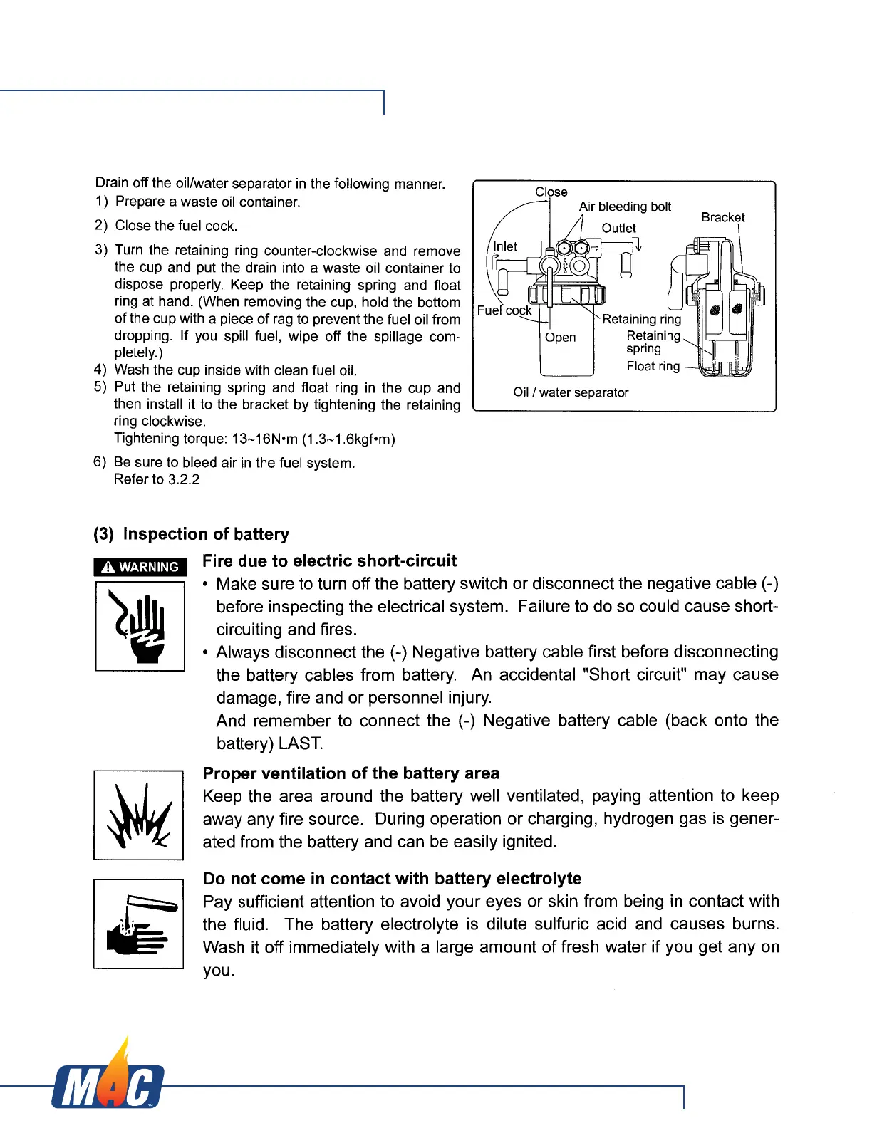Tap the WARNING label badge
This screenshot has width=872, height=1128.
[x=140, y=567]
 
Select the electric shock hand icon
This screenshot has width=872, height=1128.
[x=140, y=626]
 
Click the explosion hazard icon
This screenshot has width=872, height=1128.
[x=139, y=815]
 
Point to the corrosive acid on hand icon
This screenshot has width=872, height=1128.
[x=139, y=924]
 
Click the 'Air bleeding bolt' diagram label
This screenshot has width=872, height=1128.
[x=625, y=207]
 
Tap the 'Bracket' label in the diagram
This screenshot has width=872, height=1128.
[x=722, y=217]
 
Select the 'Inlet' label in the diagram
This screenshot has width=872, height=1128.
[x=505, y=246]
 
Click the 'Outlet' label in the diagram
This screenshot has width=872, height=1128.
[x=618, y=228]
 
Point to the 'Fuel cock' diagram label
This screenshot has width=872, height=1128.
[x=504, y=310]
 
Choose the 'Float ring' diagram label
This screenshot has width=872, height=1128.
[x=653, y=366]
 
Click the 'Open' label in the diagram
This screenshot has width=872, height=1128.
[x=560, y=338]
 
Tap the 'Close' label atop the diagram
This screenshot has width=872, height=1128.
[x=551, y=192]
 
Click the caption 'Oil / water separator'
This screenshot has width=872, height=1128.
[x=571, y=392]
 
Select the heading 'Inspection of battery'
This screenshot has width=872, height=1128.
[x=206, y=534]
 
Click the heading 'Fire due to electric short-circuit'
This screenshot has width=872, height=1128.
[x=329, y=561]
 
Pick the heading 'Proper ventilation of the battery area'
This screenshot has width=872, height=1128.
[x=351, y=773]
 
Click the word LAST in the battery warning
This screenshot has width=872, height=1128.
[x=301, y=743]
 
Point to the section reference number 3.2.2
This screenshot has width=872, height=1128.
[x=183, y=479]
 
